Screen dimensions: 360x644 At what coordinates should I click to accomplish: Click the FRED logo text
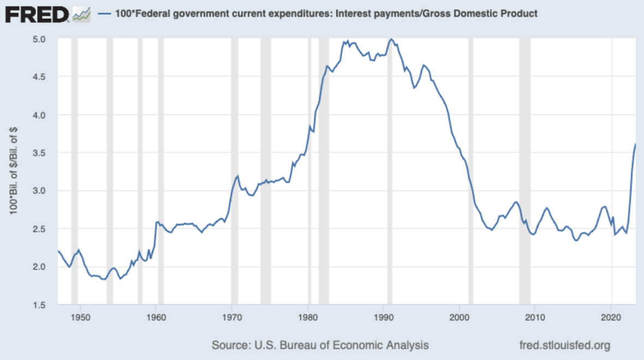pyautogui.click(x=37, y=14)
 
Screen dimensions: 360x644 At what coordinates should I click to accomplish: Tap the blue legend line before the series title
pyautogui.click(x=105, y=14)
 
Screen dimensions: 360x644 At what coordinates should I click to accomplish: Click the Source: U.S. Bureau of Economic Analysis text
pyautogui.click(x=320, y=345)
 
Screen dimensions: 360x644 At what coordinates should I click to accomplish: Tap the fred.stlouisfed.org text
pyautogui.click(x=565, y=345)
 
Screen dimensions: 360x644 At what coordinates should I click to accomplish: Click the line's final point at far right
pyautogui.click(x=635, y=144)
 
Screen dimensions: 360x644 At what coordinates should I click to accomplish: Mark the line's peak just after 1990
pyautogui.click(x=390, y=39)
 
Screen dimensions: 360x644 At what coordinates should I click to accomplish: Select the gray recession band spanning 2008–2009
pyautogui.click(x=524, y=171)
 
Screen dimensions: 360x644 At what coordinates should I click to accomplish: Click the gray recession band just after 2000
pyautogui.click(x=470, y=171)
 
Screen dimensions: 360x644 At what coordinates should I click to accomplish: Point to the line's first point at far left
pyautogui.click(x=58, y=251)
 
